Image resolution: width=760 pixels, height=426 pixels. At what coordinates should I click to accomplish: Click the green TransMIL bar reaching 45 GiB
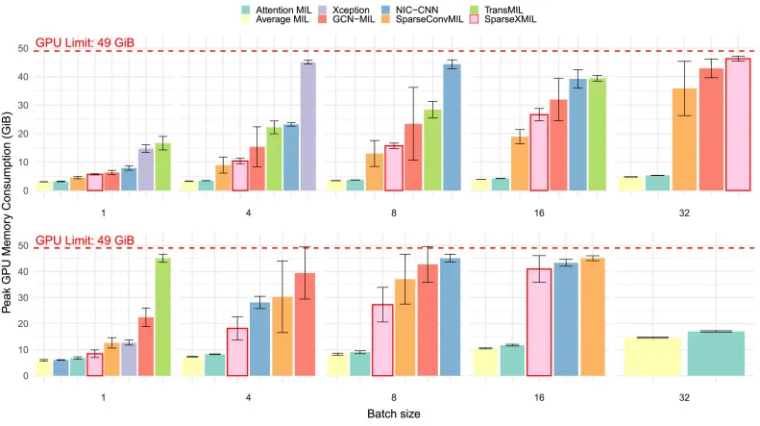click(x=163, y=316)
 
